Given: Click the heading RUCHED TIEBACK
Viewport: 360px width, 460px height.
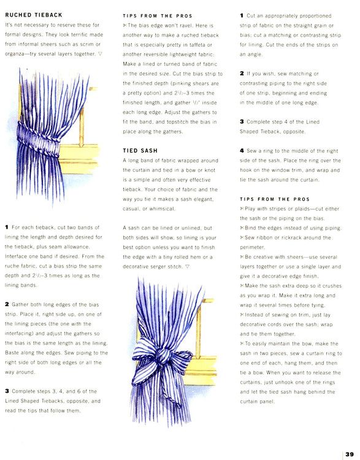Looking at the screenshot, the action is pyautogui.click(x=34, y=15).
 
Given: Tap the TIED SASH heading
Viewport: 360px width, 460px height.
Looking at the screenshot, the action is pyautogui.click(x=140, y=150).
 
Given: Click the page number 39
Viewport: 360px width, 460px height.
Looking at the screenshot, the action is pyautogui.click(x=350, y=454).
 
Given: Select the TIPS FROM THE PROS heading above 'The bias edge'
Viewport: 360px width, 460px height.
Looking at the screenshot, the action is pyautogui.click(x=158, y=16).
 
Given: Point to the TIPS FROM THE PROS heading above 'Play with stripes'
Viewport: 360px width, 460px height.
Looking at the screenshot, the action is pyautogui.click(x=275, y=199).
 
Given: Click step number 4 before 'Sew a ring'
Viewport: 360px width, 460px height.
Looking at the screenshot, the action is pyautogui.click(x=242, y=151).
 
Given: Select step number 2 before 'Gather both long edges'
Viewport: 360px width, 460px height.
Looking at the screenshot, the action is pyautogui.click(x=7, y=304).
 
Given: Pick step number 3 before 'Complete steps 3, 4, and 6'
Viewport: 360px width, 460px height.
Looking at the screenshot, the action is pyautogui.click(x=7, y=391).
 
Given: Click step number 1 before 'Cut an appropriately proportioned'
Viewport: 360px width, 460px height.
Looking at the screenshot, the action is pyautogui.click(x=242, y=15).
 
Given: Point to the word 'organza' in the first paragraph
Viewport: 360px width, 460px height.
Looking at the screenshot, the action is pyautogui.click(x=15, y=54).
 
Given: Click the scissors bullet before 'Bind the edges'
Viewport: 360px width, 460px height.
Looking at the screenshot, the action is pyautogui.click(x=242, y=228).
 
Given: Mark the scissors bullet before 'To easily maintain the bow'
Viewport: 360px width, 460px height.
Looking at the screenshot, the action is pyautogui.click(x=242, y=343).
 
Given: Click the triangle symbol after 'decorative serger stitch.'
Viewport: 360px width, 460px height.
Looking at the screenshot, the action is pyautogui.click(x=187, y=267).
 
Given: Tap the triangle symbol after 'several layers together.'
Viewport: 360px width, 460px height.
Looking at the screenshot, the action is pyautogui.click(x=100, y=54).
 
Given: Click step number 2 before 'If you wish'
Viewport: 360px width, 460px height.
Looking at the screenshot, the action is pyautogui.click(x=242, y=74).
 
